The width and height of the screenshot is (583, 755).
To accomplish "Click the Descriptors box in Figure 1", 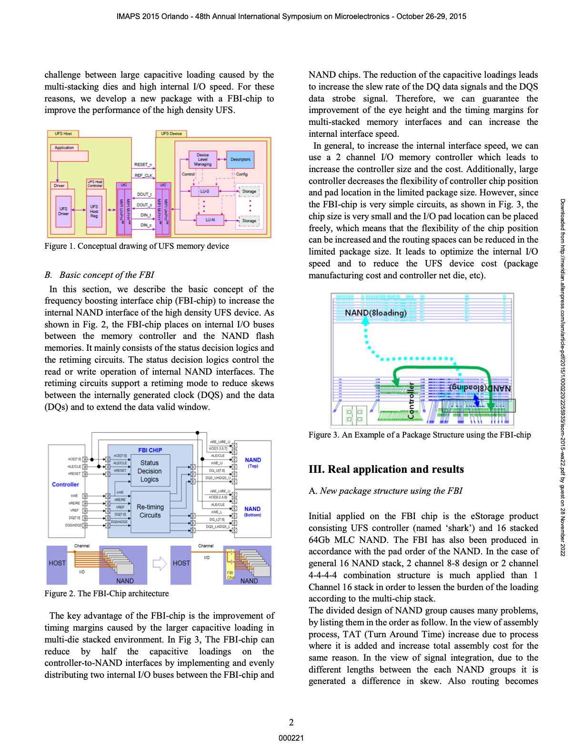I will click(x=241, y=159).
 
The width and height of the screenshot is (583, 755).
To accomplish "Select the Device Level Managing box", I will click(x=203, y=160).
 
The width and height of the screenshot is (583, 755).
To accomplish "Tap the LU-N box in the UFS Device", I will click(x=210, y=220).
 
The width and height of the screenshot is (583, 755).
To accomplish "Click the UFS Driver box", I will click(x=63, y=211).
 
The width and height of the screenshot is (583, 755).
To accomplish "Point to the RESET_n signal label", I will click(x=142, y=164).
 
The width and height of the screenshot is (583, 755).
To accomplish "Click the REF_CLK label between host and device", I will click(x=143, y=175).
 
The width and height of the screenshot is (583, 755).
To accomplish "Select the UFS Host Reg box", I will click(x=94, y=211).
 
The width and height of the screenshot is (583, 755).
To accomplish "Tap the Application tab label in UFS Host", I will click(x=64, y=148).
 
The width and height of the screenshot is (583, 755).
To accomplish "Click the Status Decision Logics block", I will click(x=150, y=471).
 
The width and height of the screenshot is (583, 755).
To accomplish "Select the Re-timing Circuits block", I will click(x=150, y=511).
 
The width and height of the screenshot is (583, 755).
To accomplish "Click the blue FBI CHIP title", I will click(x=150, y=450).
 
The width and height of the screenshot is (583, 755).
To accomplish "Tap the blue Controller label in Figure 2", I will click(x=65, y=484).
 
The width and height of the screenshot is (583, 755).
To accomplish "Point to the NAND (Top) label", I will click(x=253, y=462).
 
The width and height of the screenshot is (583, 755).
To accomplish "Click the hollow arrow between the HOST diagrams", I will click(x=159, y=563).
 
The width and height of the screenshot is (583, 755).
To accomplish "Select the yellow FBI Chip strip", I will click(x=231, y=565).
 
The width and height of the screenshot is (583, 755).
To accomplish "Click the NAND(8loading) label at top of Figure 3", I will click(x=375, y=313).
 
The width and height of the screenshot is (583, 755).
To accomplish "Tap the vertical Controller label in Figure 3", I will click(x=411, y=401).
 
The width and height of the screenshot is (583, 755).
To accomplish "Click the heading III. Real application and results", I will click(x=386, y=469).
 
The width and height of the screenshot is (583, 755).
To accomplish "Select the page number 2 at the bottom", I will click(x=291, y=722).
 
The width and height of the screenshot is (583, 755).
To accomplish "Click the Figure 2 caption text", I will click(x=107, y=593).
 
